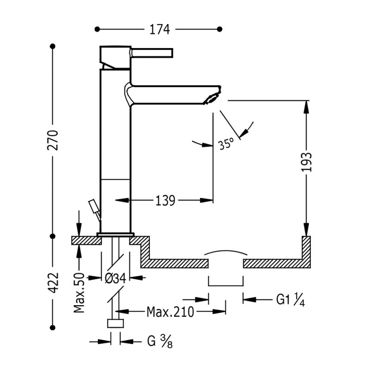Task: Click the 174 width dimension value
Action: (160, 30)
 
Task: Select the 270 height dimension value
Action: (53, 140)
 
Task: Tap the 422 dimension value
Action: (53, 283)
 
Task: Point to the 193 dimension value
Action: (307, 162)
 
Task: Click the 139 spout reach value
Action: (165, 201)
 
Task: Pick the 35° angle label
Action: (226, 143)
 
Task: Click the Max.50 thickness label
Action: (79, 293)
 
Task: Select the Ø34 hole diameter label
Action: (115, 278)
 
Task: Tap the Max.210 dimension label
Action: (170, 312)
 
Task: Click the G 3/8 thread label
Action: (160, 342)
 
